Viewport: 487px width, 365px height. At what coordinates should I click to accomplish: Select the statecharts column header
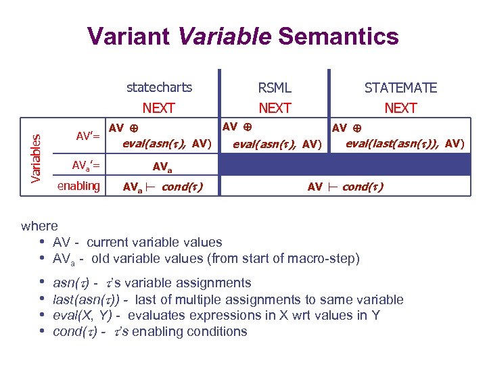coord(159,87)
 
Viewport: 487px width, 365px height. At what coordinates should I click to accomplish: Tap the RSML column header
coord(275,88)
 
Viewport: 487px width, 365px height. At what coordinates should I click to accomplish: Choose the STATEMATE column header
coord(400,88)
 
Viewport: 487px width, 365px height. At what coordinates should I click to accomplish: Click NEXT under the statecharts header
coord(159,107)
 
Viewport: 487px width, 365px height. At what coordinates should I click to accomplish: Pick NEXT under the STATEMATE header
coord(400,107)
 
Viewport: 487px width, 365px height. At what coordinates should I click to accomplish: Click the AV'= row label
coord(88,136)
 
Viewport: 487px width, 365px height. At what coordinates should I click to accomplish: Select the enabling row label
coord(78,186)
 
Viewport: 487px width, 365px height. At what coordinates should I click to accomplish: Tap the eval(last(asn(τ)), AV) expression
coord(404,143)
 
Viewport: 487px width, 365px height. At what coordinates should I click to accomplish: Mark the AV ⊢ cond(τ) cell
coord(345,187)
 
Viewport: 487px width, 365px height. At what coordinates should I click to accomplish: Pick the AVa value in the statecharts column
coord(162,166)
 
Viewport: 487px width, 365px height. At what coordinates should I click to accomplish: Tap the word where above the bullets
coord(40,226)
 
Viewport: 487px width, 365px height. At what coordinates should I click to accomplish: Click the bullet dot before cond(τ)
coord(43,332)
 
